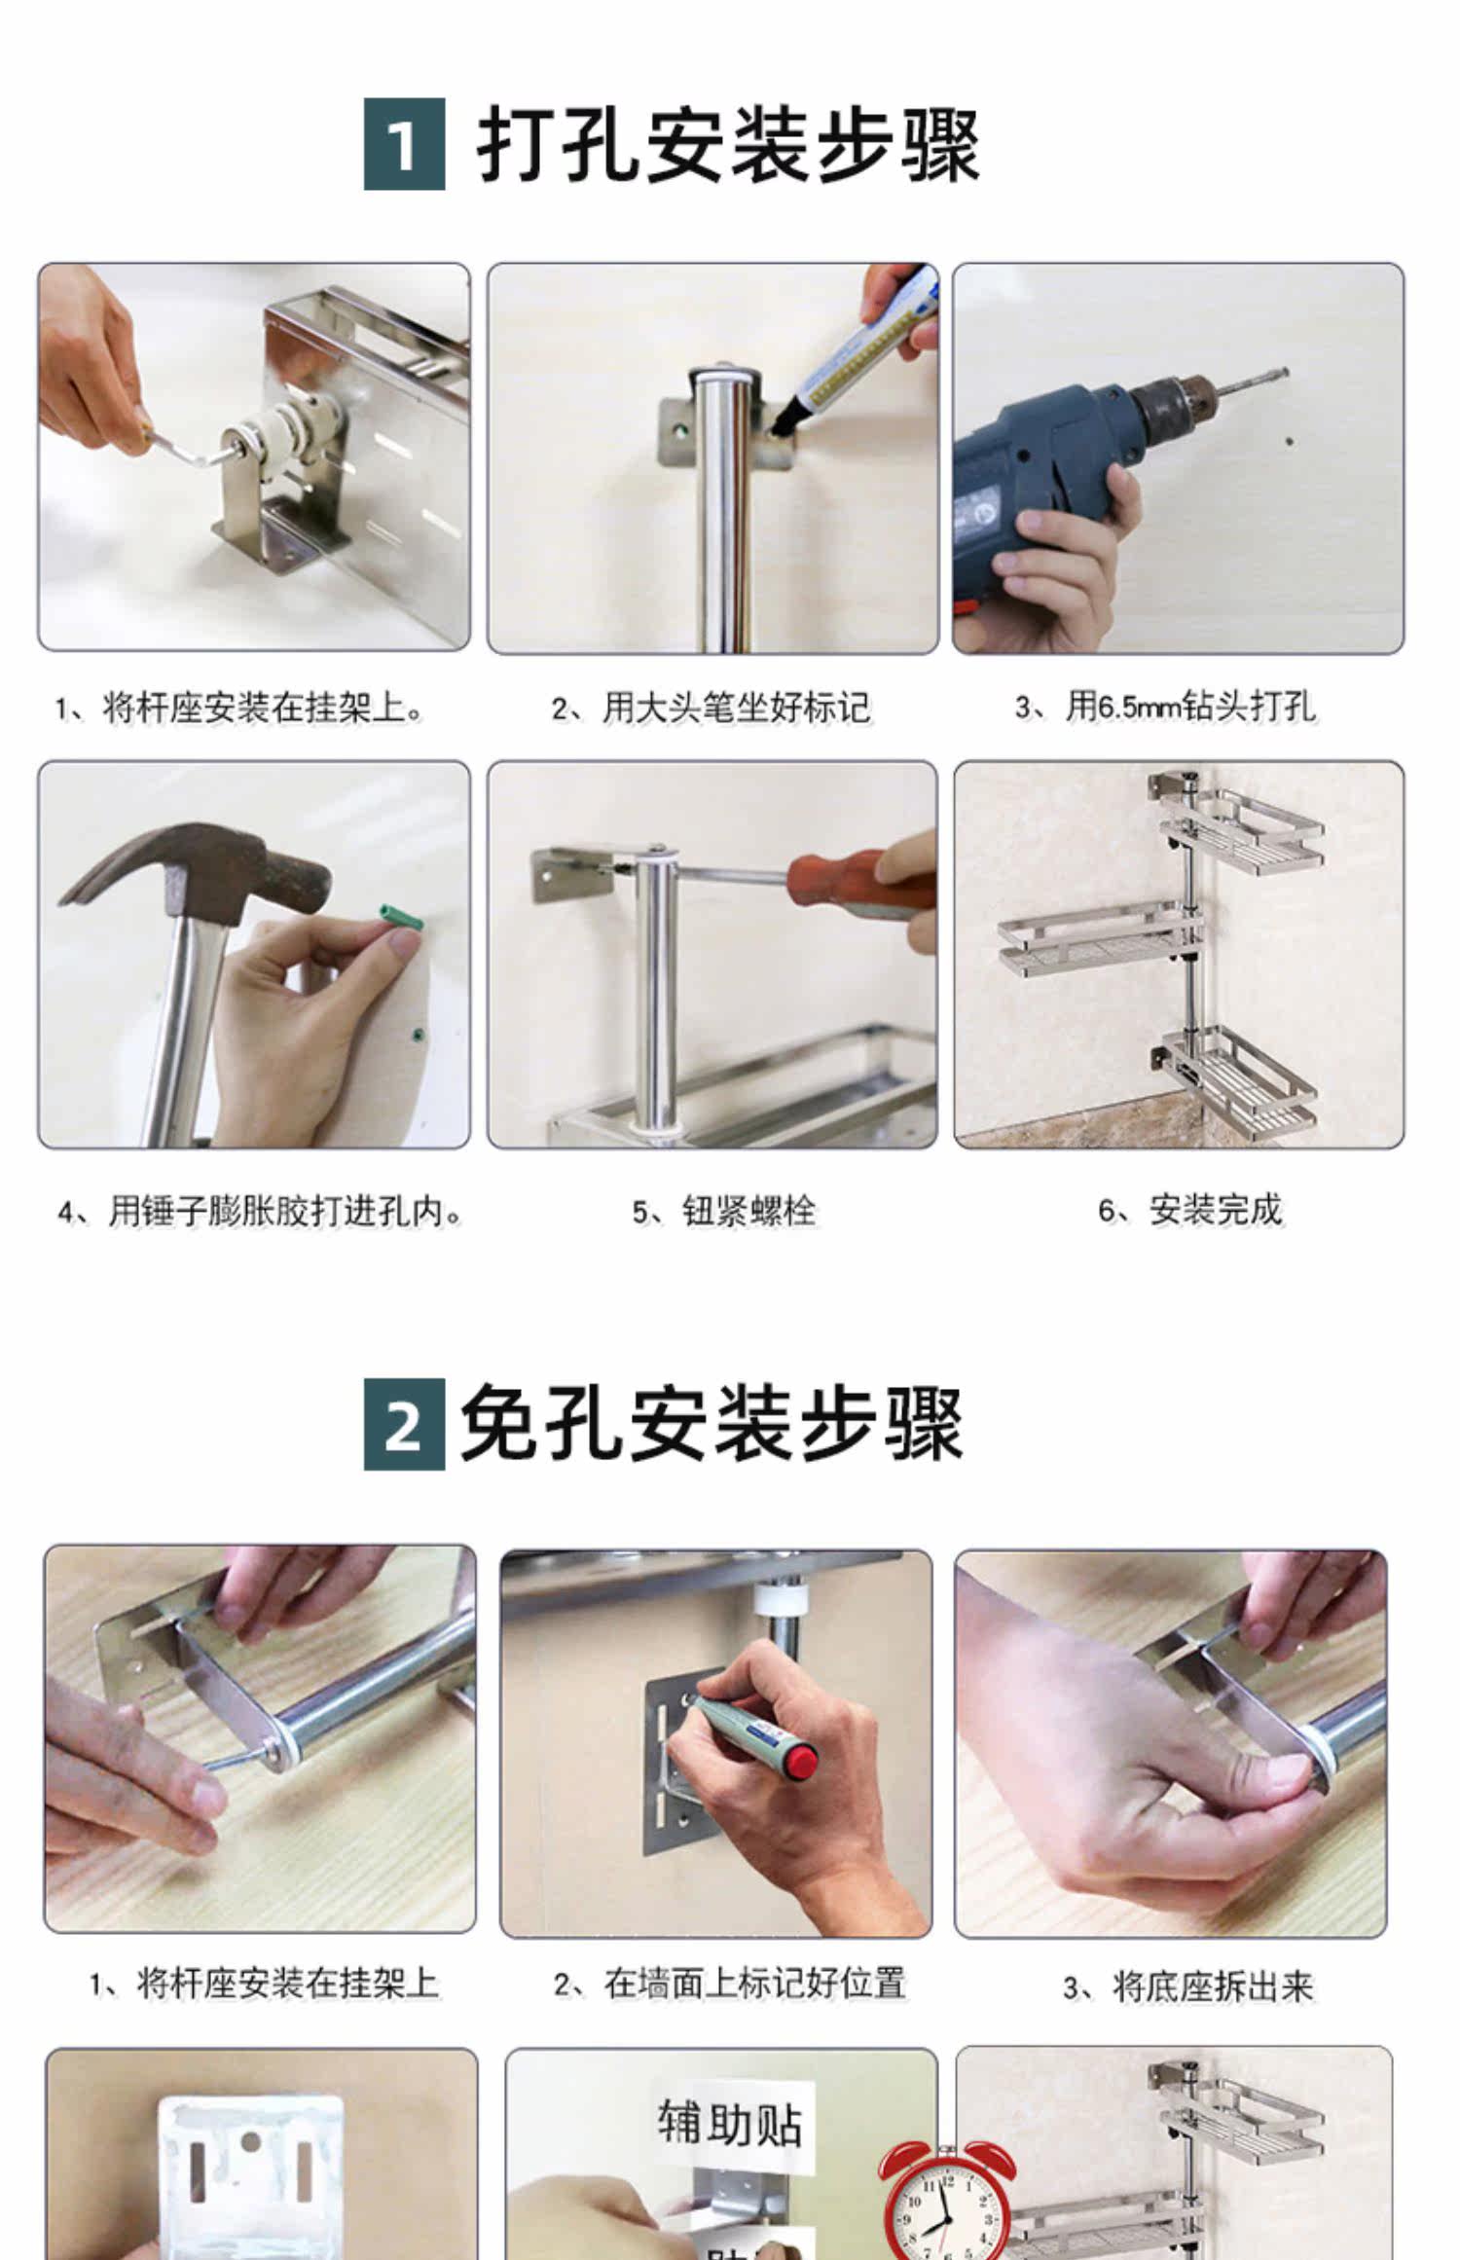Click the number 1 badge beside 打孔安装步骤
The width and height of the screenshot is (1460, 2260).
click(404, 144)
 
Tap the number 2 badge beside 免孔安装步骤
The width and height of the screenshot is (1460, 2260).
click(404, 1424)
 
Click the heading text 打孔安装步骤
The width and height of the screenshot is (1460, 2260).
click(728, 145)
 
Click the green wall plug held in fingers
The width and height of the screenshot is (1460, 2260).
click(400, 919)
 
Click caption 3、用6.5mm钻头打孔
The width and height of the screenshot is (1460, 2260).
click(1164, 707)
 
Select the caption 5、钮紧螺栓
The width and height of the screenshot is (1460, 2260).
click(723, 1211)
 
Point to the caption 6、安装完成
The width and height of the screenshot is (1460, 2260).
click(1189, 1210)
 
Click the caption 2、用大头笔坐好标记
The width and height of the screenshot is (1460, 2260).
click(711, 708)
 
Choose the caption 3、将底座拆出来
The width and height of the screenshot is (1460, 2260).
click(1187, 1987)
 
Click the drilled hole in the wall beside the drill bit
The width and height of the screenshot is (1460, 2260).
click(1290, 442)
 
